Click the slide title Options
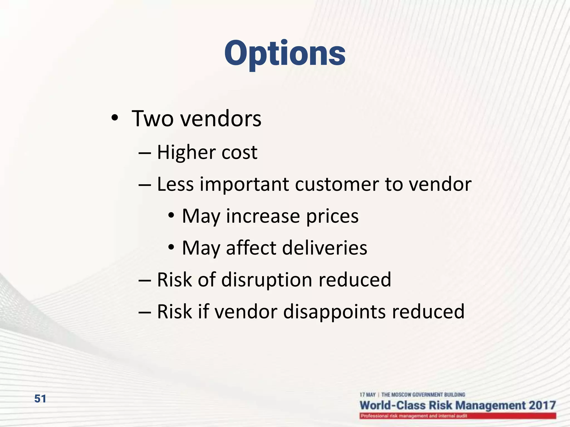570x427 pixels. pyautogui.click(x=285, y=53)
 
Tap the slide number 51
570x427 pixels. pyautogui.click(x=40, y=399)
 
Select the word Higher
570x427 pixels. pyautogui.click(x=186, y=152)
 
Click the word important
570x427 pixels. pyautogui.click(x=244, y=184)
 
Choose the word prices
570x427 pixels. pyautogui.click(x=332, y=216)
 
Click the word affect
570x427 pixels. pyautogui.click(x=251, y=248)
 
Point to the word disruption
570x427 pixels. pyautogui.click(x=267, y=280)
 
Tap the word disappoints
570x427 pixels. pyautogui.click(x=334, y=312)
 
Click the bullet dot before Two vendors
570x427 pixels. pyautogui.click(x=114, y=118)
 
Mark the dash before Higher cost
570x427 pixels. pyautogui.click(x=145, y=153)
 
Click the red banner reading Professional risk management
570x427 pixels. pyautogui.click(x=458, y=416)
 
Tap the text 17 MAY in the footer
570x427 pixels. pyautogui.click(x=367, y=395)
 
